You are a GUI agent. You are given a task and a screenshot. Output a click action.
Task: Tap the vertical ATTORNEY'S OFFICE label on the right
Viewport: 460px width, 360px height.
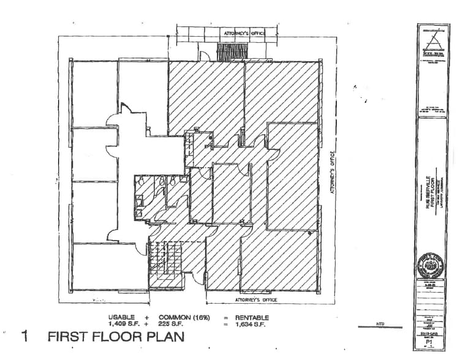pos(334,174)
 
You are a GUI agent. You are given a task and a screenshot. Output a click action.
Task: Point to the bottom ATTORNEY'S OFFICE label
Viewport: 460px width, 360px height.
pos(256,301)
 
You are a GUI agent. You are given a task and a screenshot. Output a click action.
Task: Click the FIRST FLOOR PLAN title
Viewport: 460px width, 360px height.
pos(116,336)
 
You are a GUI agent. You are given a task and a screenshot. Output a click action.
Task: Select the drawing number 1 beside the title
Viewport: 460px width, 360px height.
pos(25,336)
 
